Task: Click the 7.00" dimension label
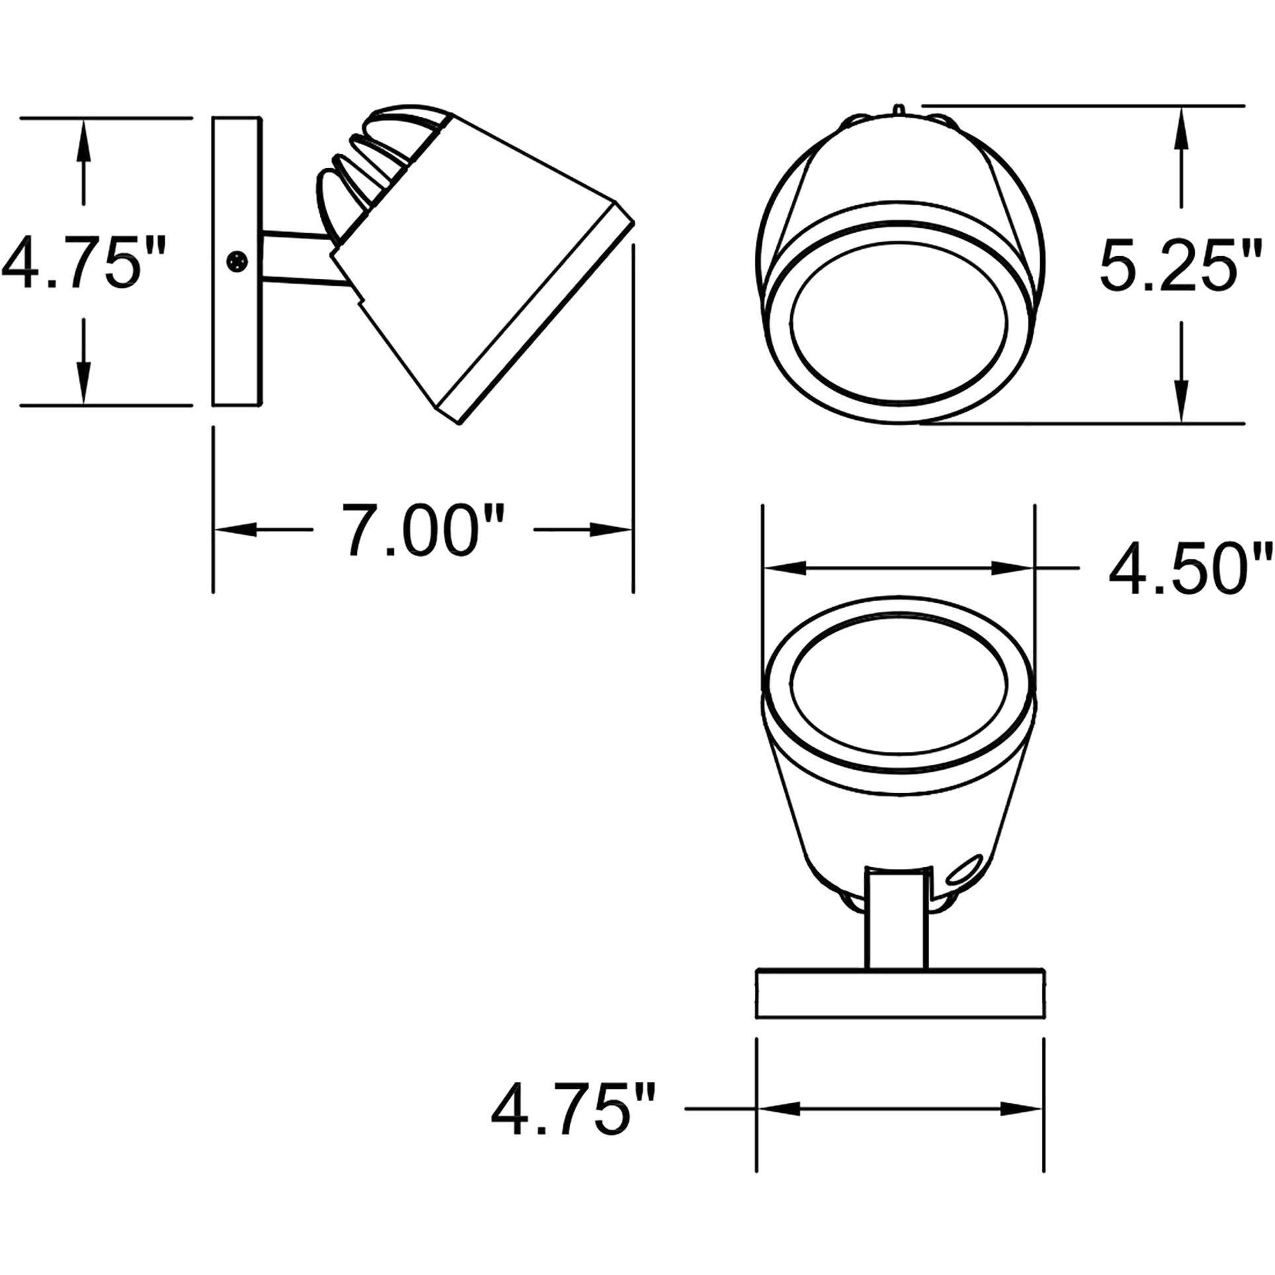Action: pos(423,530)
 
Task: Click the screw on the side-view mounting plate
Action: pos(236,261)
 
